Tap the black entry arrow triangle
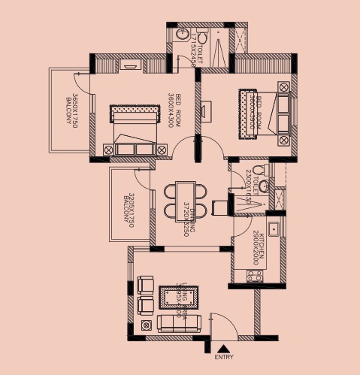pos(223,349)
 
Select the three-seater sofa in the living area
pos(180,323)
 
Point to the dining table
pos(181,201)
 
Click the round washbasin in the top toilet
pos(183,35)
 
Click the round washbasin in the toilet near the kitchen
pos(264,186)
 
